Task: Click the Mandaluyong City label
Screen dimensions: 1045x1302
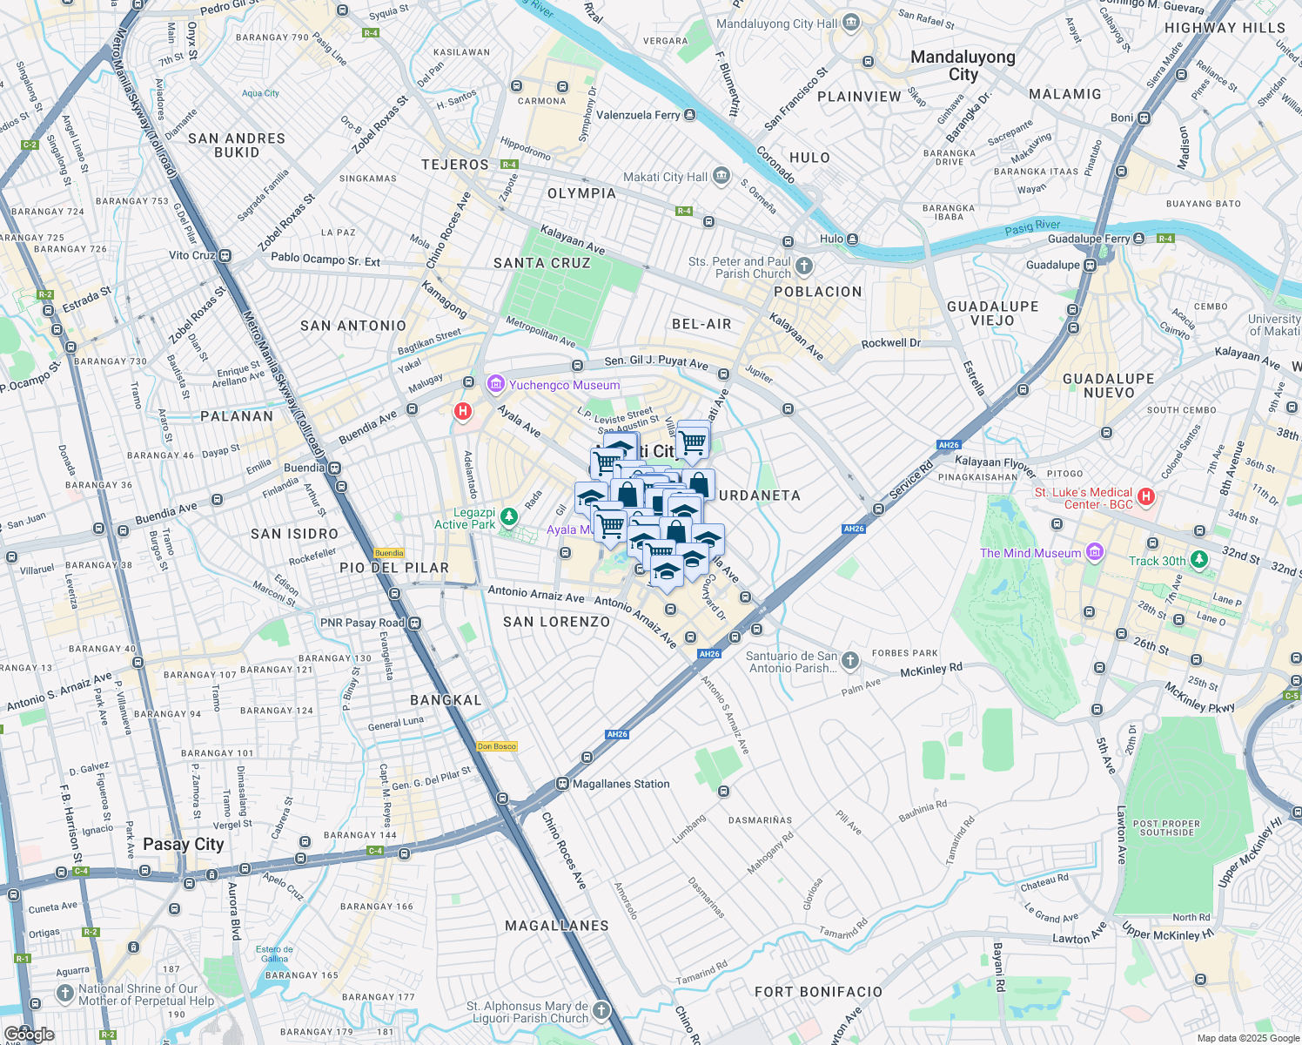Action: click(x=963, y=65)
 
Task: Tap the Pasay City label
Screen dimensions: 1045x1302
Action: click(x=183, y=844)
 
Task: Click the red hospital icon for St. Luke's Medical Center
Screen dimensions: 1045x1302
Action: click(x=1146, y=497)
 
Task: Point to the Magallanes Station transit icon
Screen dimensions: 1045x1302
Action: click(x=562, y=784)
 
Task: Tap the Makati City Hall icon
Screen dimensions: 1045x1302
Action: click(x=721, y=177)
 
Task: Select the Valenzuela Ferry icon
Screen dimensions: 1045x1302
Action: click(x=689, y=115)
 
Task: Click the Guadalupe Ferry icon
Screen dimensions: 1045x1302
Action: click(x=1139, y=239)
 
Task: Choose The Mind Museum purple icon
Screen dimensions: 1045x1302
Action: click(x=1095, y=552)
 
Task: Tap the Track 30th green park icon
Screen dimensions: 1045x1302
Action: click(x=1199, y=559)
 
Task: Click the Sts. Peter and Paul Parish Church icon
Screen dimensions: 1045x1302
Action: click(x=804, y=266)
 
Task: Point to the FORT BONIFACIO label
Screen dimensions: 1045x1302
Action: click(x=818, y=992)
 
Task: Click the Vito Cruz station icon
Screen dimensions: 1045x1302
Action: click(x=225, y=256)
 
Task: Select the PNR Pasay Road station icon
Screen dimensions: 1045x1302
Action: click(x=415, y=624)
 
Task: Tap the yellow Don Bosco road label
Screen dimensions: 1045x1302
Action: click(x=497, y=746)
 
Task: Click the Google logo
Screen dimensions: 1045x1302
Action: click(x=29, y=1034)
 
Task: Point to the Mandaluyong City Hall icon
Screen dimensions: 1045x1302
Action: click(x=851, y=23)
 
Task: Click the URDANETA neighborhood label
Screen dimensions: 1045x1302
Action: click(x=760, y=496)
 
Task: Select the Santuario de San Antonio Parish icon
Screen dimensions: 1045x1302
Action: click(x=850, y=661)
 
